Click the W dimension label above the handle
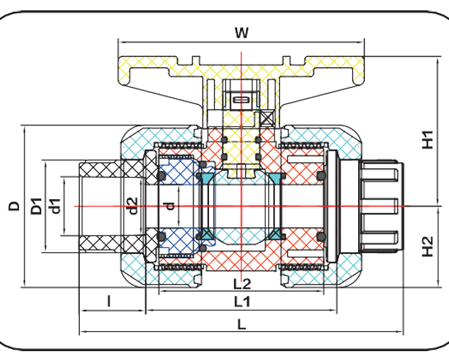(241, 33)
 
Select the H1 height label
(428, 138)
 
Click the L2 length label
(241, 283)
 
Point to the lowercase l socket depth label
(109, 301)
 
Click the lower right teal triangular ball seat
(275, 234)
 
